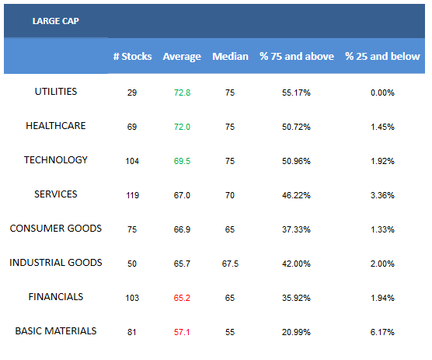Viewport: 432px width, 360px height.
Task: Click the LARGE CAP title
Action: pos(56,21)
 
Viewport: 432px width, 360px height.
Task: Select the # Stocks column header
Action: pos(132,57)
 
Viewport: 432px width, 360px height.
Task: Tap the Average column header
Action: pos(182,57)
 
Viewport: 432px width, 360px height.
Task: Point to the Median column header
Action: pos(230,57)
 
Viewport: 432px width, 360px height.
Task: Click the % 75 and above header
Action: pos(297,57)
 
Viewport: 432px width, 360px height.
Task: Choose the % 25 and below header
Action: pos(382,57)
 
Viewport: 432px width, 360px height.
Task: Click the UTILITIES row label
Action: pos(56,92)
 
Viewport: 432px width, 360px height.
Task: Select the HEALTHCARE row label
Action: pos(56,126)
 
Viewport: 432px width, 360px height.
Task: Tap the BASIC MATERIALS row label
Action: pos(56,330)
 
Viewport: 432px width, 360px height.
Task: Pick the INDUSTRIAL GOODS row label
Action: pos(56,263)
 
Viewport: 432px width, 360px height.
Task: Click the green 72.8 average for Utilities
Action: pos(182,93)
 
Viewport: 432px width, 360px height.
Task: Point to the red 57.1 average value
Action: pos(182,332)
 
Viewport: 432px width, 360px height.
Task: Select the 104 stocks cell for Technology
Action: pos(132,161)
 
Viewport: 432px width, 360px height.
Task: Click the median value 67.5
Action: pos(230,264)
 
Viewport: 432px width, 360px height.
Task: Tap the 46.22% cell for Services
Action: pos(296,195)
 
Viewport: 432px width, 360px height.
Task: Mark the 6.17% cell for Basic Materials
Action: pos(382,332)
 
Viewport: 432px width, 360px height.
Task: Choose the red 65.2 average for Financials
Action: pos(182,298)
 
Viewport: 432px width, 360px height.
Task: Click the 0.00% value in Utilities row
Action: pos(382,93)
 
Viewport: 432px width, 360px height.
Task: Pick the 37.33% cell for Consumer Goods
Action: pos(296,229)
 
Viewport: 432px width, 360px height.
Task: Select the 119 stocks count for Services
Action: pos(133,195)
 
